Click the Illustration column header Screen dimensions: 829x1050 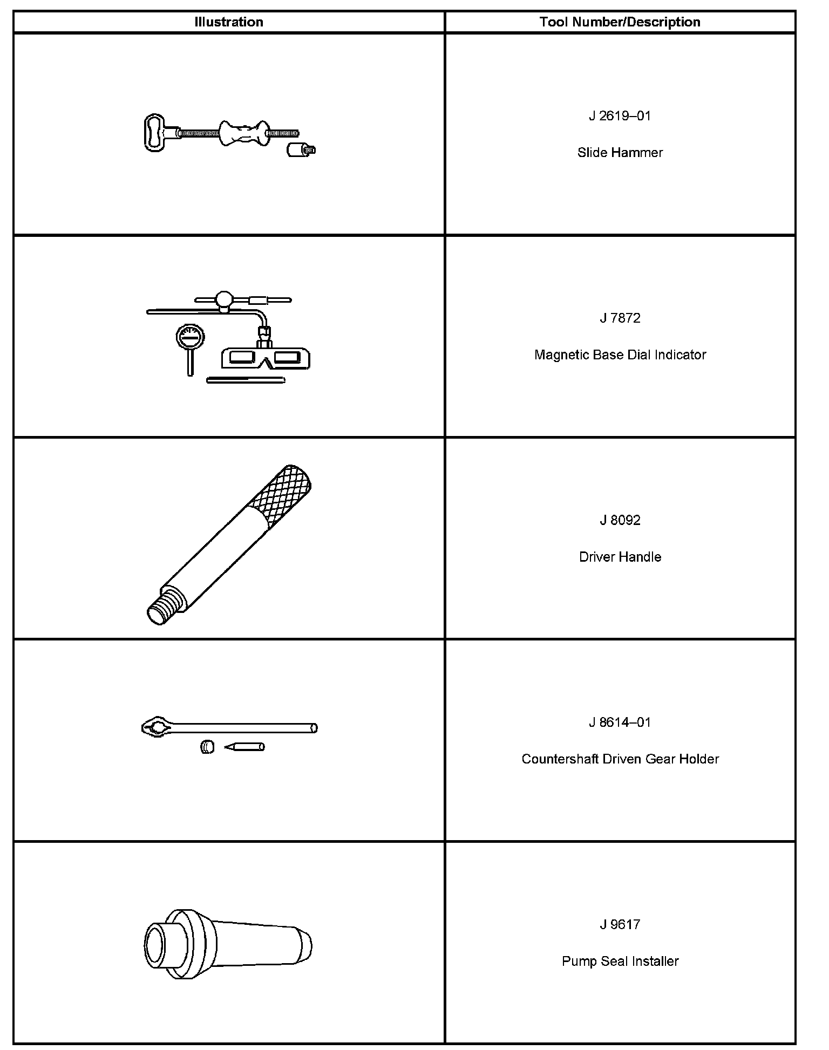[x=229, y=22]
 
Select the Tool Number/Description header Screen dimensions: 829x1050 [x=620, y=22]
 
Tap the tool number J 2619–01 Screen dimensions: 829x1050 [x=620, y=116]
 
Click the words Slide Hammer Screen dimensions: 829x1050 [x=620, y=153]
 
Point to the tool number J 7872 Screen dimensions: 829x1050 [x=620, y=318]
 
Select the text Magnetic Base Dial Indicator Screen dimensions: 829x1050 [x=620, y=354]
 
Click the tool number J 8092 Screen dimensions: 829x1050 [x=620, y=520]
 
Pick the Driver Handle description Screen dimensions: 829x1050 [x=620, y=557]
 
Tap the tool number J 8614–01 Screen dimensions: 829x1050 [x=620, y=722]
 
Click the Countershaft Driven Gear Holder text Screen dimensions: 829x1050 [x=620, y=759]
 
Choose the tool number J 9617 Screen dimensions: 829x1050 [x=620, y=924]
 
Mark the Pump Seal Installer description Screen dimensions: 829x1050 [x=620, y=961]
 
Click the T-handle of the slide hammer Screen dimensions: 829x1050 [x=154, y=133]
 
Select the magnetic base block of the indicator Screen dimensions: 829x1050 [x=265, y=358]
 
